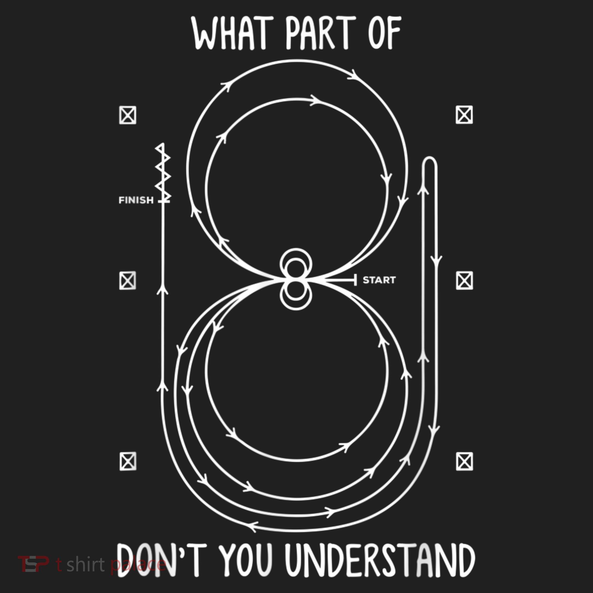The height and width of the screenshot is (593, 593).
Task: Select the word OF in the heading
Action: [x=385, y=33]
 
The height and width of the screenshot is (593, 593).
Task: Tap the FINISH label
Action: [x=136, y=200]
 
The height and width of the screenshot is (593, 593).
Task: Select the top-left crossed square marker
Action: [x=128, y=115]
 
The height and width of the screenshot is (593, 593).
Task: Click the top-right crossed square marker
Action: [x=464, y=115]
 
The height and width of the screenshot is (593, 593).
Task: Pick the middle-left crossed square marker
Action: [x=128, y=280]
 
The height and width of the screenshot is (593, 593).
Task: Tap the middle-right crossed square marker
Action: [x=464, y=280]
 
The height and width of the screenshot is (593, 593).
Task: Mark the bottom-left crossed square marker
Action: [x=128, y=461]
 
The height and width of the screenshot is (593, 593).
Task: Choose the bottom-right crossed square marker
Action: [x=464, y=461]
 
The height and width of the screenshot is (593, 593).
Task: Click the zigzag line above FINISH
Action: [x=163, y=172]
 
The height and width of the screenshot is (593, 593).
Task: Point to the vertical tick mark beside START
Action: [x=356, y=280]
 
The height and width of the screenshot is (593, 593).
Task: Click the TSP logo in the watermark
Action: [x=33, y=564]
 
